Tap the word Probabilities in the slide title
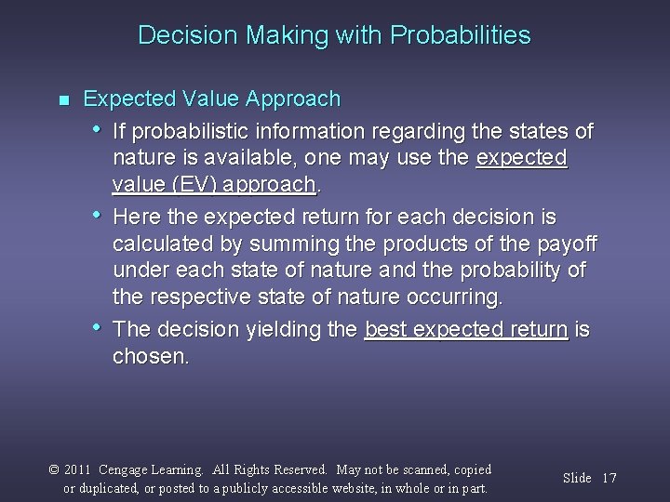click(x=462, y=36)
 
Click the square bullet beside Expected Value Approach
click(x=63, y=99)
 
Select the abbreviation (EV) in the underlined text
click(x=193, y=184)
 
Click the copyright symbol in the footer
click(x=56, y=470)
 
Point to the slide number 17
click(x=610, y=478)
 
